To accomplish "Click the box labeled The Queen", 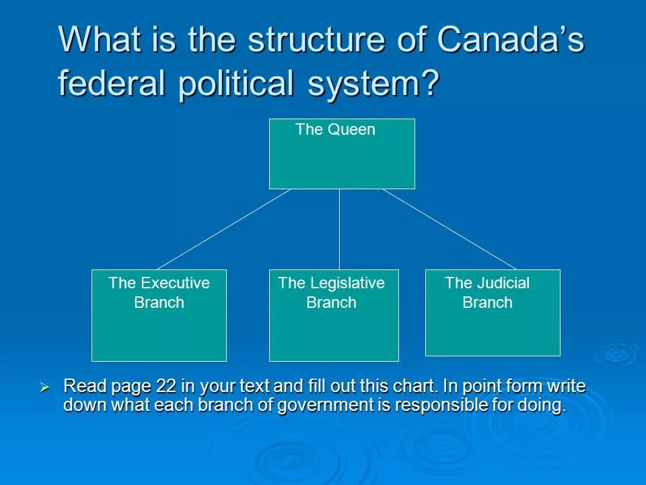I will click(x=342, y=154).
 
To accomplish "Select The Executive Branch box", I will click(x=159, y=315).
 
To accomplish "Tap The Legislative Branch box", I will click(x=334, y=315).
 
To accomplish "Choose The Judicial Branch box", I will click(x=493, y=313).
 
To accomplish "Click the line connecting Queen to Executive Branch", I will click(x=224, y=229).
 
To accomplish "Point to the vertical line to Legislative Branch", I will click(x=339, y=229).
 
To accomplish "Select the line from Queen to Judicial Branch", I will click(x=450, y=229).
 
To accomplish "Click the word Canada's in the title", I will click(x=511, y=40).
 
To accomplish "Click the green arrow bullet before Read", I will click(x=44, y=387).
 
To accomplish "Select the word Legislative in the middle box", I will click(x=347, y=283).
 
